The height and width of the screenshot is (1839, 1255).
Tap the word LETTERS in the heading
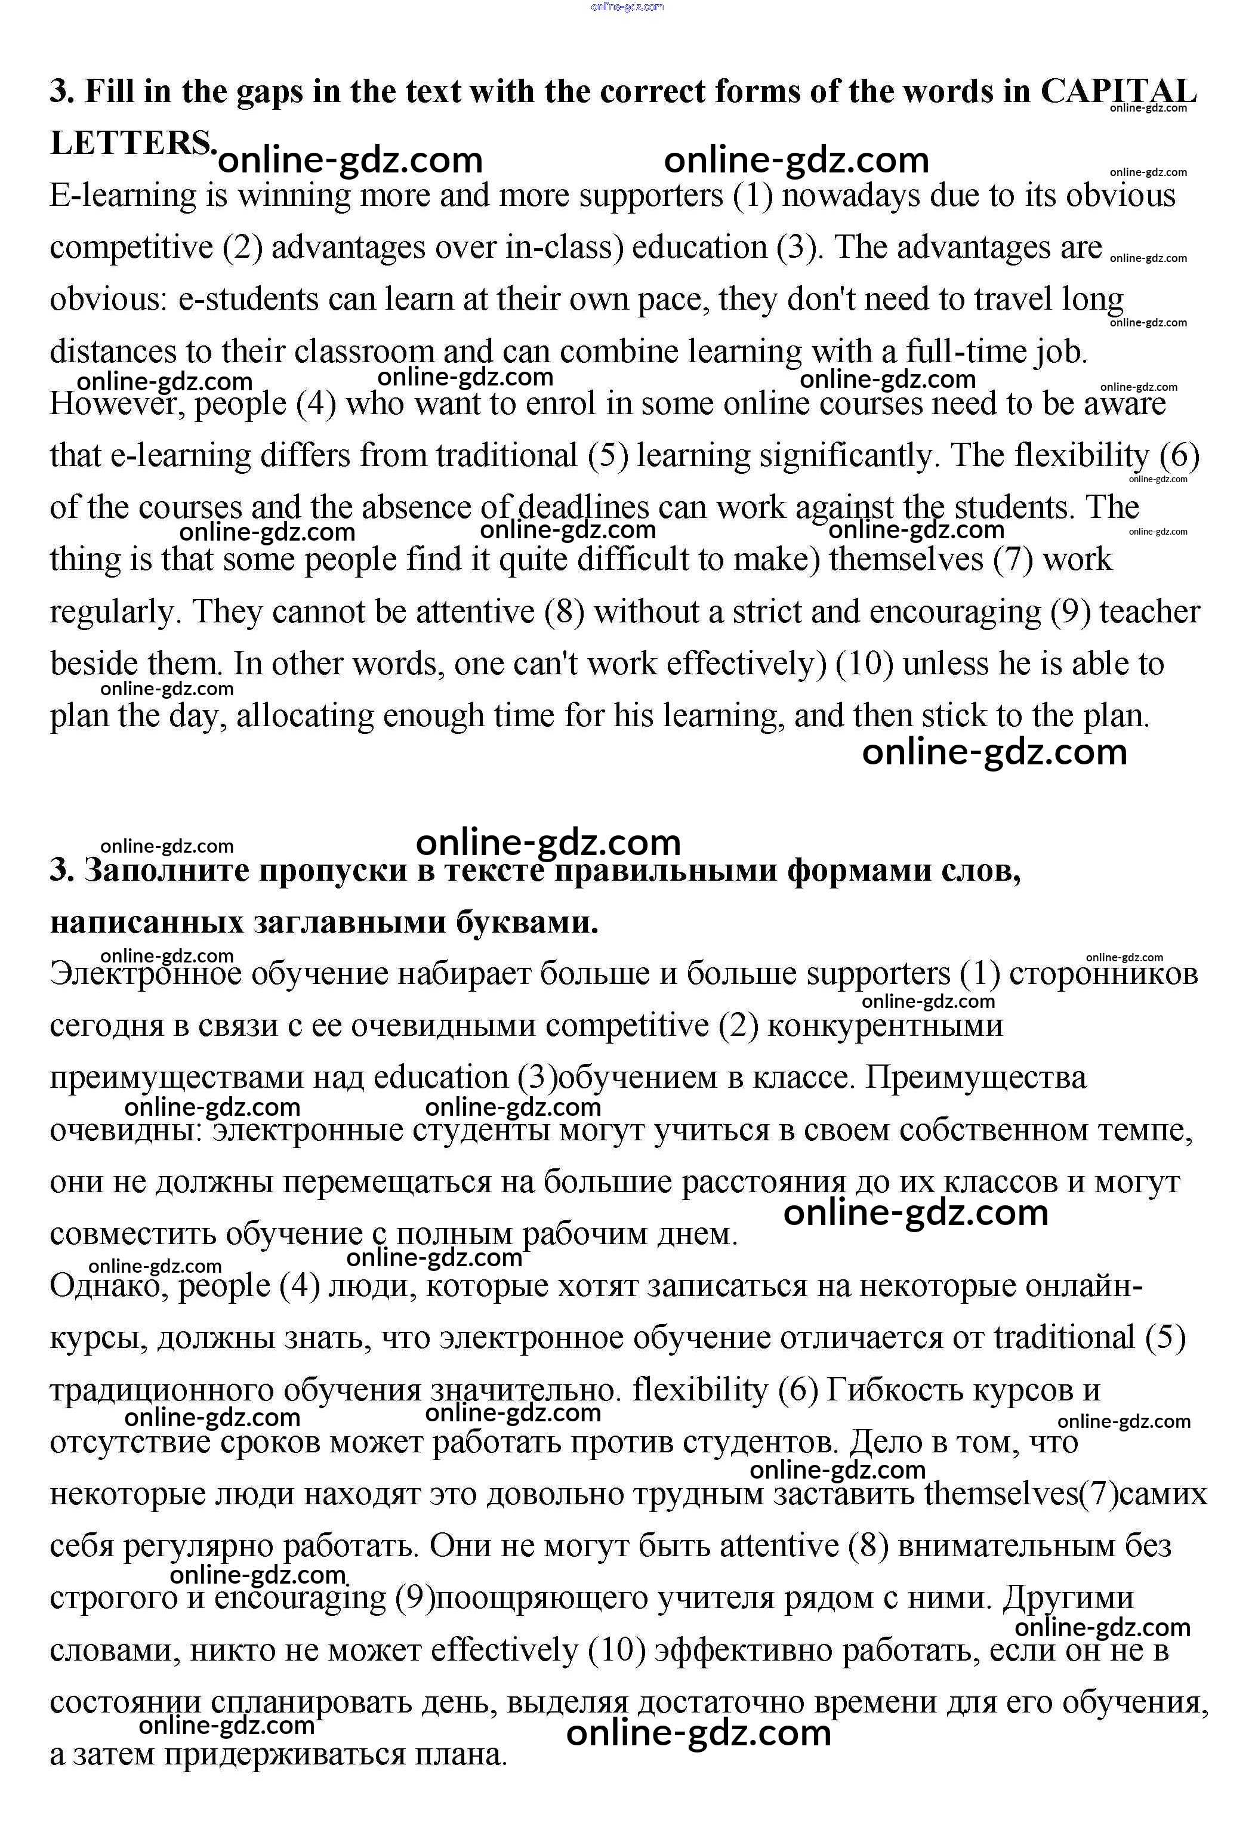(x=131, y=143)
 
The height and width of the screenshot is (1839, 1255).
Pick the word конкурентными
(x=884, y=1026)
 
